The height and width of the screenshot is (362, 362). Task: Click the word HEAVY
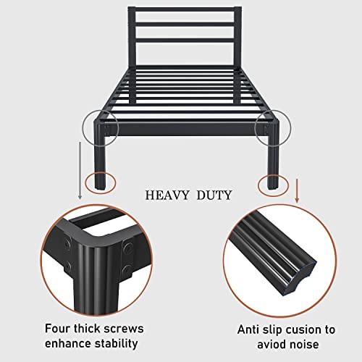pyautogui.click(x=165, y=195)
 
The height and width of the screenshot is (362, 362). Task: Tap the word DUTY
pyautogui.click(x=214, y=195)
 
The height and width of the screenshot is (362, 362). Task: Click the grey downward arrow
pyautogui.click(x=80, y=170)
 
